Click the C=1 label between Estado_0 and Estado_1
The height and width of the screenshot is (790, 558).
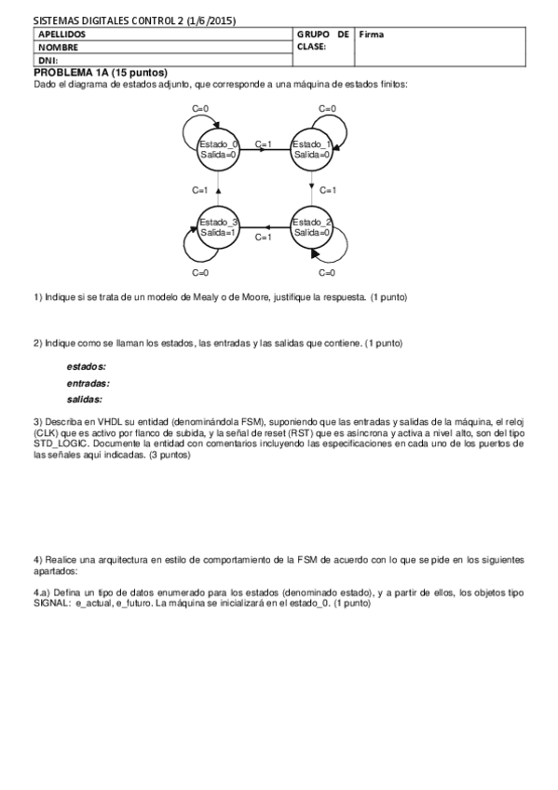264,144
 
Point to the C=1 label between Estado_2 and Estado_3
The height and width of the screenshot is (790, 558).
264,238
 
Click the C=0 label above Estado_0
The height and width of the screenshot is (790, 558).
199,108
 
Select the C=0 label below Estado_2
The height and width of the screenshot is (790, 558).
327,273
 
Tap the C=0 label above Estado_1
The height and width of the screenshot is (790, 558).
327,108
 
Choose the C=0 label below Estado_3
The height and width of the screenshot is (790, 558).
199,273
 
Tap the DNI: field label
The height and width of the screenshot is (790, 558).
48,61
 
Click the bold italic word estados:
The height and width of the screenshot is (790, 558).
86,366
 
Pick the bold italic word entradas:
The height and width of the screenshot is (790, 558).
88,382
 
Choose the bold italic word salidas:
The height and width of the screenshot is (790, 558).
85,399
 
